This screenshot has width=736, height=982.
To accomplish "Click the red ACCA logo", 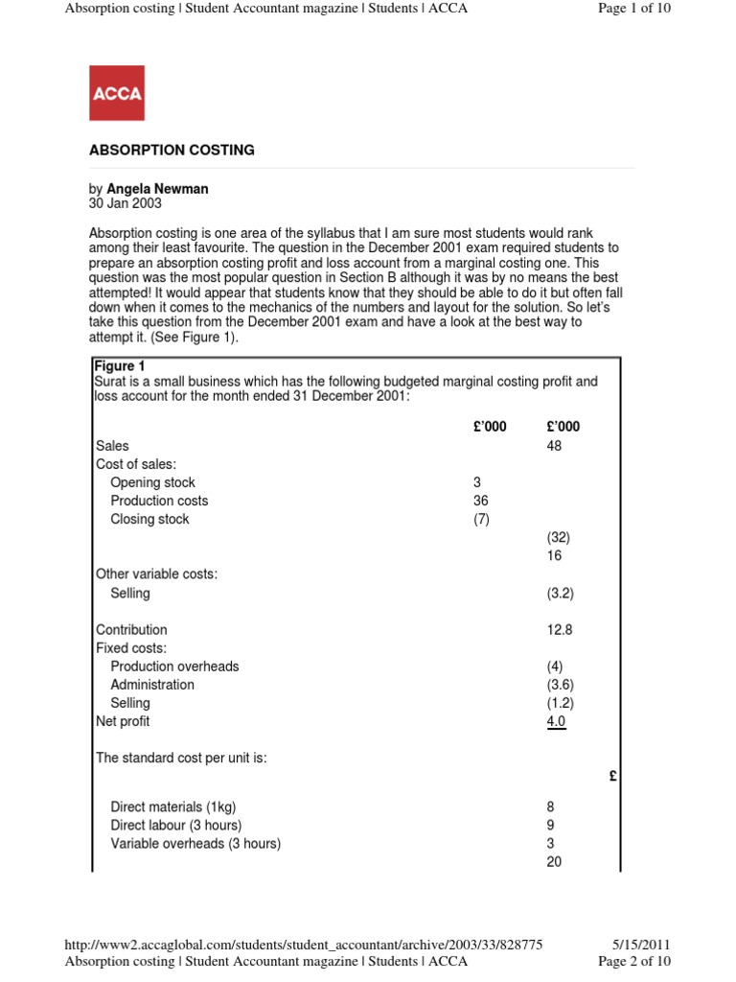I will [117, 93].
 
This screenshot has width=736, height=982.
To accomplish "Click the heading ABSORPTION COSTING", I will [172, 151].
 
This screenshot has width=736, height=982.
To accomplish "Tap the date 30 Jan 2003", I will [126, 203].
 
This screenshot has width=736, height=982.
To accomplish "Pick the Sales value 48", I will [554, 446].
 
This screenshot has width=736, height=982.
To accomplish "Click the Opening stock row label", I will [152, 482].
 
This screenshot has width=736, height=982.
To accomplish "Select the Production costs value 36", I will [481, 501].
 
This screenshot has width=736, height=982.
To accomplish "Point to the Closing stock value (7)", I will [481, 519].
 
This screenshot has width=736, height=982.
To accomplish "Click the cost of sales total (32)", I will [558, 537].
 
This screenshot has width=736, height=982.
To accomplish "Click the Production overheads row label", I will [174, 666].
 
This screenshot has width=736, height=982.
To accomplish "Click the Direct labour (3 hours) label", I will [175, 825].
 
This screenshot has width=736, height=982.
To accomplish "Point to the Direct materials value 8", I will [550, 807].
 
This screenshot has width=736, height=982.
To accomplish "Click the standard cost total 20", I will [554, 861].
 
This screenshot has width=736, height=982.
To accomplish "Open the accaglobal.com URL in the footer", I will [303, 945].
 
